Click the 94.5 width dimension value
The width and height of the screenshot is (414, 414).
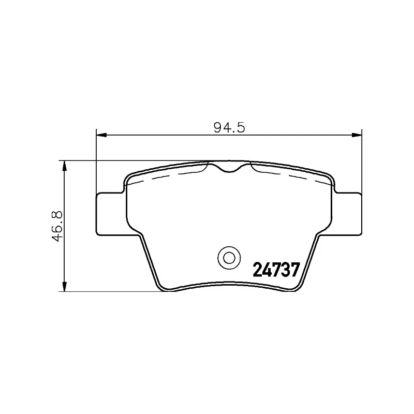coord(229,128)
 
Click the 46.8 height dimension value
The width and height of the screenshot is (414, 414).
coord(57,226)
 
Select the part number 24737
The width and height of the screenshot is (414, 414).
coord(277,270)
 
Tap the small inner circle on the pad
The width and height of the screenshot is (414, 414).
coord(229,258)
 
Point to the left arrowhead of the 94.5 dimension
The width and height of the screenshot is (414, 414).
coord(101,135)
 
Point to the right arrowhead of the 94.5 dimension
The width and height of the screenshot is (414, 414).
coord(357,135)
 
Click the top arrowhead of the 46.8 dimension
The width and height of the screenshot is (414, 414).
coord(64,166)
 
